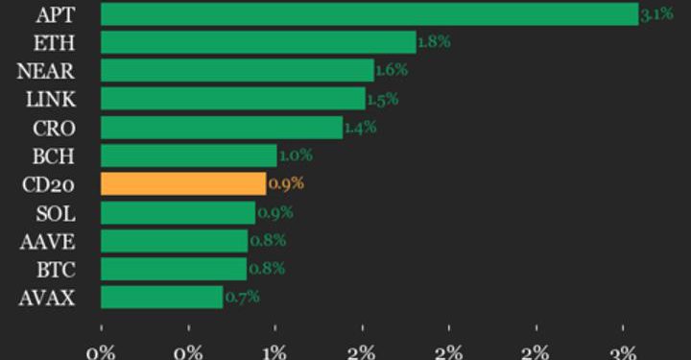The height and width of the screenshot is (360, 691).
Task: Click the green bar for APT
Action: tap(369, 13)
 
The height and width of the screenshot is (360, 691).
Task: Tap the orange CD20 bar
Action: tap(182, 183)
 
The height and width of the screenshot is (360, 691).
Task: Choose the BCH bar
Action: tap(188, 156)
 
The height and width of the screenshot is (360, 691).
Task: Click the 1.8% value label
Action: tap(434, 42)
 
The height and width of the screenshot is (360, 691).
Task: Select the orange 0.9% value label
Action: tap(285, 183)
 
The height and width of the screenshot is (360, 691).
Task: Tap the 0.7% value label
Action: tap(242, 297)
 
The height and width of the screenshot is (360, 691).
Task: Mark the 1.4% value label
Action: tap(359, 128)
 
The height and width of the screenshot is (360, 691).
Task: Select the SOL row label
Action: tap(49, 212)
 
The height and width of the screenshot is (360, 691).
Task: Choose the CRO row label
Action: tap(48, 128)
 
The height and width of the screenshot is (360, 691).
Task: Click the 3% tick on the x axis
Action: tap(624, 350)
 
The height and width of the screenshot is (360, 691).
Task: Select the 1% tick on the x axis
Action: tap(275, 350)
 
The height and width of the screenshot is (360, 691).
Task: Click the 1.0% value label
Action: tap(295, 156)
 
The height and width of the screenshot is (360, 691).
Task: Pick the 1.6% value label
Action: tap(391, 71)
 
